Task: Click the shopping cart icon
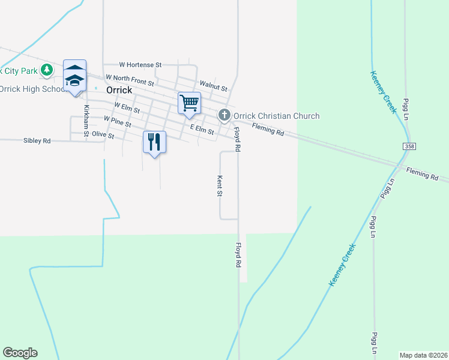coord(188,103)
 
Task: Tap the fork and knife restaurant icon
coord(154,142)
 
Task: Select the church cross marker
coord(224,115)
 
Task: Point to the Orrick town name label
coord(118,89)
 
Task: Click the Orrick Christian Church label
coord(276,116)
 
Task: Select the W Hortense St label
coord(140,64)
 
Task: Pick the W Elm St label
coord(126,108)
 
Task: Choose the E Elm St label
coord(202,128)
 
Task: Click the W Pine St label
coord(117,121)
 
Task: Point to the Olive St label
coord(103,136)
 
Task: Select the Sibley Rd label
coord(37,140)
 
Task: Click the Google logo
coord(20,352)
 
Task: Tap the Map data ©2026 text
coord(424,355)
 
